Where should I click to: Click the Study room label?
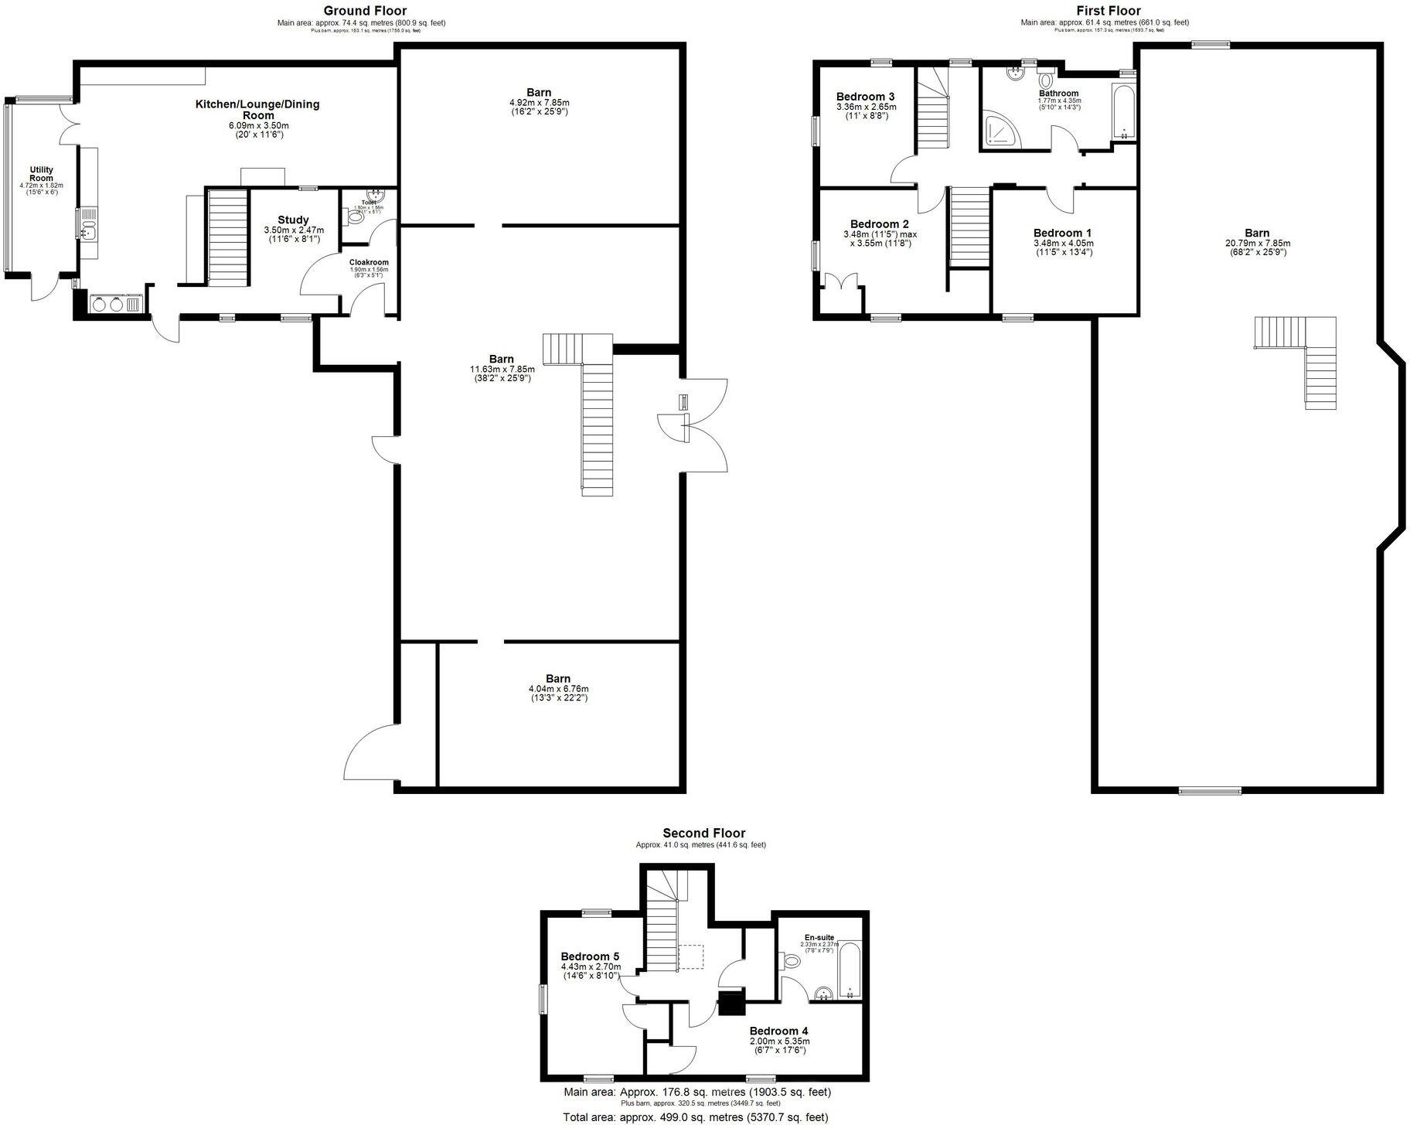point(293,220)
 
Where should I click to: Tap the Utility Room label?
point(41,174)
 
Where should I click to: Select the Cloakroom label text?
point(369,263)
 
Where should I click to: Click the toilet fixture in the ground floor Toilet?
point(356,218)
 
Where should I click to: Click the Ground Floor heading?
point(365,10)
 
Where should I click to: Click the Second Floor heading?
point(703,833)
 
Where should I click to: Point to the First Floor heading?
point(1109,10)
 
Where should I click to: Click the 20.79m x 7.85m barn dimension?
point(1256,244)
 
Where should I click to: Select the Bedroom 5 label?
point(590,956)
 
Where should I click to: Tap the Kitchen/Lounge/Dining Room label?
point(257,109)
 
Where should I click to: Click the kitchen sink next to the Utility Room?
point(87,229)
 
